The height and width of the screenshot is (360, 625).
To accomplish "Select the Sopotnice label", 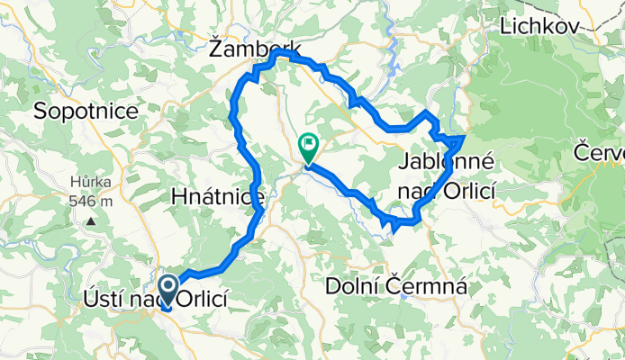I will click(x=86, y=112).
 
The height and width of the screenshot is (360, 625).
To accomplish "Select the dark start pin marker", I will click(x=168, y=290).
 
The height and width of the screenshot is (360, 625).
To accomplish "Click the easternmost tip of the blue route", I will click(x=463, y=137).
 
